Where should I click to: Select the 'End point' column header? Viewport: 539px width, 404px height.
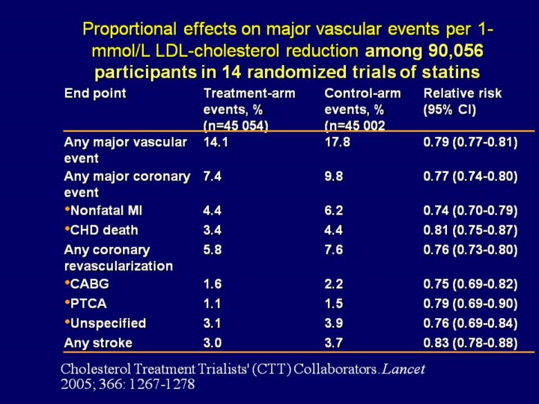point(95,94)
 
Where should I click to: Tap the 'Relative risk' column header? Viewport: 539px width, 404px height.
point(462,94)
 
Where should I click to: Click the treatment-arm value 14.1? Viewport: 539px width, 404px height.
point(216,142)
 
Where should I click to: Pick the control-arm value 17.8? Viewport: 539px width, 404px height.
point(337,142)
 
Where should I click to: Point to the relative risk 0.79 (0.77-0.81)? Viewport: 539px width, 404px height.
point(470,142)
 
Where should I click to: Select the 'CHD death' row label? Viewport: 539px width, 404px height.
point(104,230)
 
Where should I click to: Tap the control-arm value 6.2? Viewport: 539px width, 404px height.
point(334,212)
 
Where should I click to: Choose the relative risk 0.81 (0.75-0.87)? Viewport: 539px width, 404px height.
point(470,230)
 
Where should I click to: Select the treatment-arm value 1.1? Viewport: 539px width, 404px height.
point(213,304)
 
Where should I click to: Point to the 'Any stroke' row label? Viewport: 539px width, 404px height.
point(98,343)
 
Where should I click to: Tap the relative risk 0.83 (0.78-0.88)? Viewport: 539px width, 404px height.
point(470,343)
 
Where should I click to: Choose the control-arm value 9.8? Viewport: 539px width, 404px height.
point(334,177)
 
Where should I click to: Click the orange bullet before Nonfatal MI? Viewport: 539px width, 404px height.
point(67,211)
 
